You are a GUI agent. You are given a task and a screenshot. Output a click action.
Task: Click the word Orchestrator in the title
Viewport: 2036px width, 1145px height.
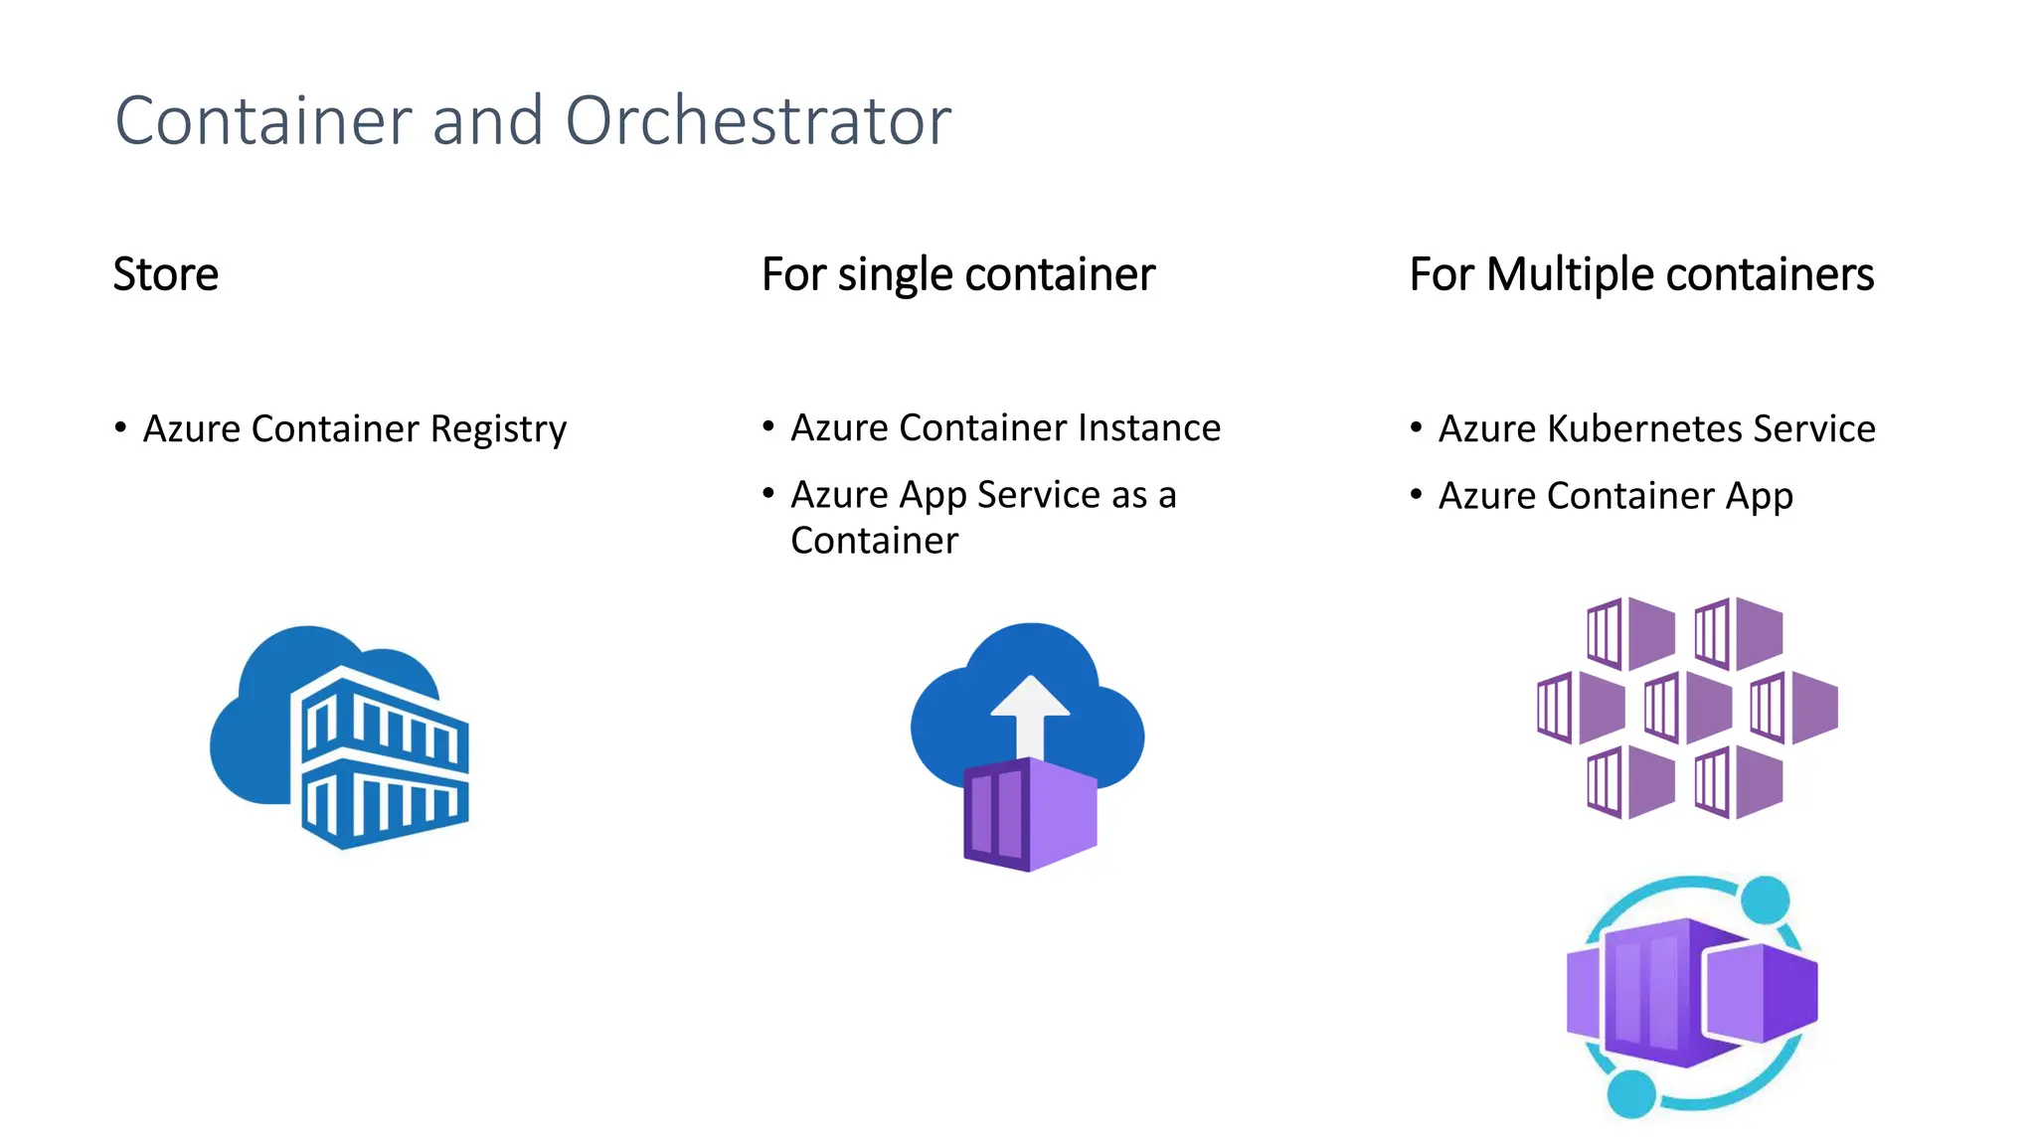tap(758, 121)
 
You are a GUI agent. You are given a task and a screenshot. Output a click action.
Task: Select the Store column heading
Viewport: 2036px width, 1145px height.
tap(165, 274)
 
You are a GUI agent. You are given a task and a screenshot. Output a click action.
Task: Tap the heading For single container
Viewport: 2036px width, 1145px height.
tap(957, 274)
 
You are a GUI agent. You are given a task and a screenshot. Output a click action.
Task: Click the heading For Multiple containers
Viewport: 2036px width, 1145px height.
tap(1641, 274)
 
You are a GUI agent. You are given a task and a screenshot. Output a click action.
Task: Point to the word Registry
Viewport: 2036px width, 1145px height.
tap(498, 429)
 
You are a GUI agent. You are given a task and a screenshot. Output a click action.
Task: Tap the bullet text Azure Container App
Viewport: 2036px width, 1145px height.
tap(1615, 496)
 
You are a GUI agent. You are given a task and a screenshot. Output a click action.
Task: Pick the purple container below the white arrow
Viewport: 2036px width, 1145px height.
tap(1031, 815)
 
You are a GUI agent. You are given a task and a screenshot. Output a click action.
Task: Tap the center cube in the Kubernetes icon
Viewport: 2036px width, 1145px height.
tap(1687, 708)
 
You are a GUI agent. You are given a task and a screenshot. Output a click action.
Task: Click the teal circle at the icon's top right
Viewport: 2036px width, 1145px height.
tap(1765, 900)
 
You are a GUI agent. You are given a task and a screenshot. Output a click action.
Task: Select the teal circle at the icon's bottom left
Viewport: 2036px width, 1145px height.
tap(1630, 1093)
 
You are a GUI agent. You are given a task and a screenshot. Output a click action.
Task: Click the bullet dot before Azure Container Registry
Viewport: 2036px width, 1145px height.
tap(120, 428)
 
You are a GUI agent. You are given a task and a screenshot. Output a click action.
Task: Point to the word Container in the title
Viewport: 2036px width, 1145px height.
tap(263, 121)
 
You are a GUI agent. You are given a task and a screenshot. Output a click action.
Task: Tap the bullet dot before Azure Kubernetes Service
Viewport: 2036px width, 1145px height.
tap(1416, 428)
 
